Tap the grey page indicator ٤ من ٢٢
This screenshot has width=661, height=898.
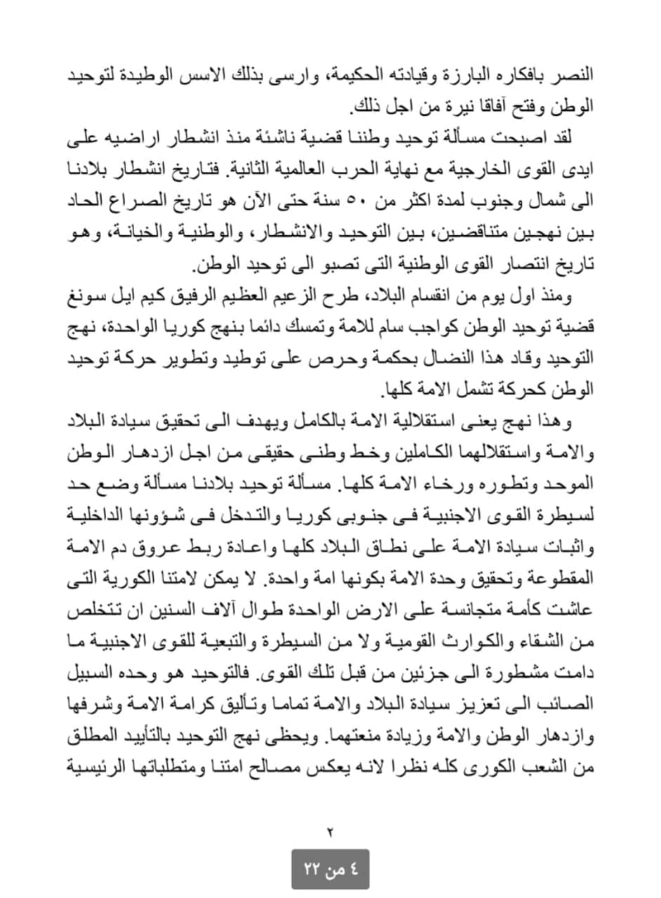click(x=330, y=869)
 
